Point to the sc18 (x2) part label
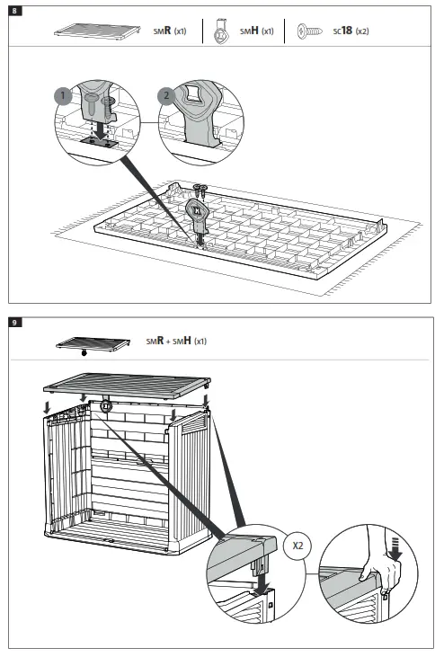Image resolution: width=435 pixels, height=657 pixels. (x=351, y=31)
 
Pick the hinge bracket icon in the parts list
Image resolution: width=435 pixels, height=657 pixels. (x=220, y=31)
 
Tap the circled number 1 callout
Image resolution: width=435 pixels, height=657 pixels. (x=62, y=93)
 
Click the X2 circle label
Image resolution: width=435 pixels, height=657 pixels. (x=296, y=545)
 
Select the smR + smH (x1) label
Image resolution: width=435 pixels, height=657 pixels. (x=177, y=342)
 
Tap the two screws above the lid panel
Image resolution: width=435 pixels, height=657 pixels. (x=200, y=190)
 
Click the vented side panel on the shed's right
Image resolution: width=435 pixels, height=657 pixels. (x=191, y=476)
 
